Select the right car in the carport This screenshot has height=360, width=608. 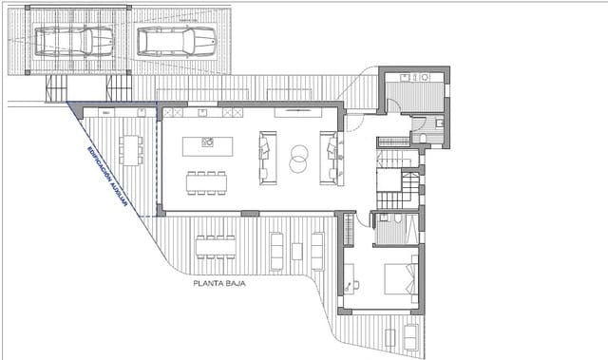pyautogui.click(x=177, y=41)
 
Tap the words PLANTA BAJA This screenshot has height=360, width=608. pyautogui.click(x=219, y=282)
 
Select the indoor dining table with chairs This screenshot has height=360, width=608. pyautogui.click(x=206, y=181)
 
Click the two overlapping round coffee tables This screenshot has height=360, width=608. pyautogui.click(x=298, y=159)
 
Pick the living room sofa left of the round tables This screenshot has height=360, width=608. pyautogui.click(x=268, y=158)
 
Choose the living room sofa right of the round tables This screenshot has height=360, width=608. pyautogui.click(x=329, y=158)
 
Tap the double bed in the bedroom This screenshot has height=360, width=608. pyautogui.click(x=400, y=278)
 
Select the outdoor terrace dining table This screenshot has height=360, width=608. pyautogui.click(x=216, y=247)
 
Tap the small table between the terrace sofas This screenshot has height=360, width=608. pyautogui.click(x=296, y=251)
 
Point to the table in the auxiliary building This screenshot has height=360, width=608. pyautogui.click(x=128, y=150)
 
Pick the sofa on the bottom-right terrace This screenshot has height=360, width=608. pyautogui.click(x=410, y=337)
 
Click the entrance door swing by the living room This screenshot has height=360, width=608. pyautogui.click(x=353, y=122)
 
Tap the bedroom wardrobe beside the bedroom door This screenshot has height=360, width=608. pyautogui.click(x=349, y=228)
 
